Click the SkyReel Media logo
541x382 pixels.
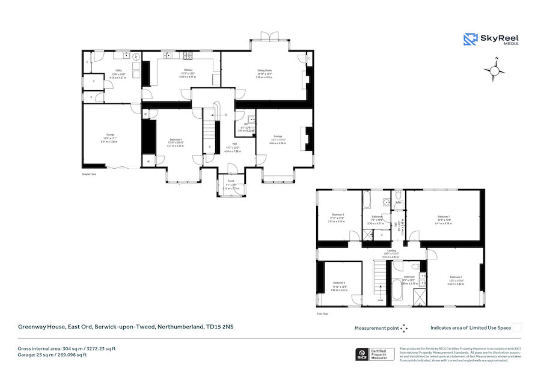pos(491,39)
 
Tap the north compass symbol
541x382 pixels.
pos(495,70)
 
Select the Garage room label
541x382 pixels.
pos(111,135)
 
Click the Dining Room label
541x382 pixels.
pos(265,70)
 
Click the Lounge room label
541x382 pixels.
pos(278,136)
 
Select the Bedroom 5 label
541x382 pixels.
pos(177,139)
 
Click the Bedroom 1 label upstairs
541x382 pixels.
pos(444,216)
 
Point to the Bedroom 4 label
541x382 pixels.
pos(339,282)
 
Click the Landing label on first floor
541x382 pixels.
pos(391,250)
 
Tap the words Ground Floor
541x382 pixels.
pos(90,174)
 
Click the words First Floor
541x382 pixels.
pos(323,313)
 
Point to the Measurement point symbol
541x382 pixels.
pos(405,328)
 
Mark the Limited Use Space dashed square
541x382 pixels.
pos(518,328)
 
